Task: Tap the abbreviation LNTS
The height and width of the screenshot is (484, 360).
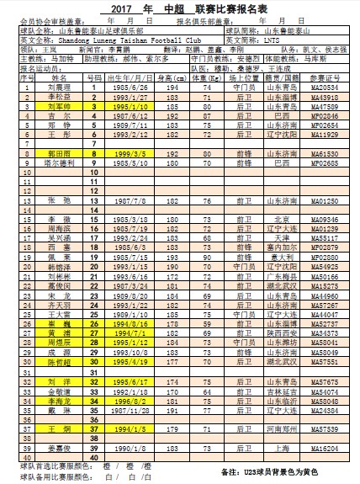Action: coord(277,40)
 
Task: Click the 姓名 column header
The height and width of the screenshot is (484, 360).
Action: coord(58,77)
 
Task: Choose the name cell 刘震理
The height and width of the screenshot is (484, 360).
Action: coord(58,87)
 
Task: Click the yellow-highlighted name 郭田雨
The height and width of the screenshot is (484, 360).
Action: coord(58,155)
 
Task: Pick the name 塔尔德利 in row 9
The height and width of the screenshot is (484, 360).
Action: coord(58,165)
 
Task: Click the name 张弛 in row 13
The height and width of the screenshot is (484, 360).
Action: coord(58,202)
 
